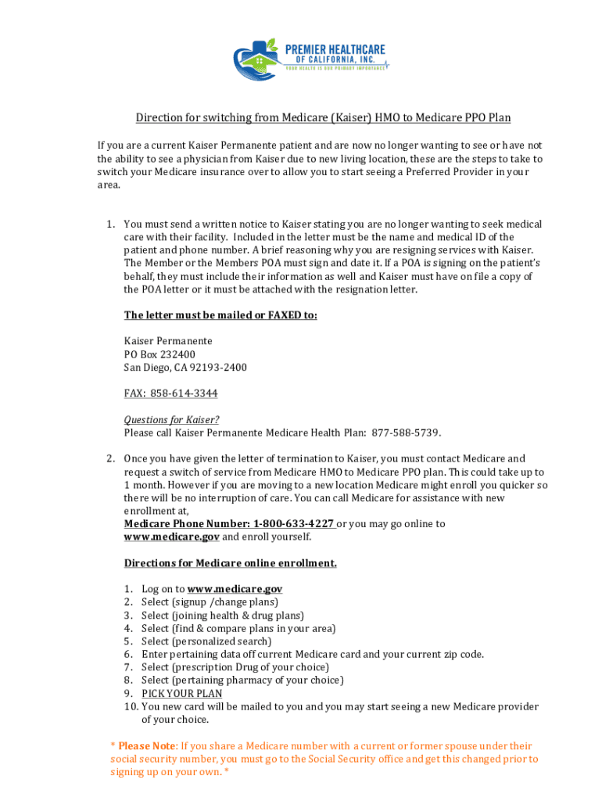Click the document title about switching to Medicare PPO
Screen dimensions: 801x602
[323, 118]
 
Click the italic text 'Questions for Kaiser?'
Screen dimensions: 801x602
[171, 419]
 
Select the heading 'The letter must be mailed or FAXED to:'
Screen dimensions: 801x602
[220, 315]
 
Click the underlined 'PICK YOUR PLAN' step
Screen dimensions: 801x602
[181, 693]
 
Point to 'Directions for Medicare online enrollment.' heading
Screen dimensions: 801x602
[231, 562]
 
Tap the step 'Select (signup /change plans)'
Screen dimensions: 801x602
[210, 602]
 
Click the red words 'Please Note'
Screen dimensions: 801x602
[147, 745]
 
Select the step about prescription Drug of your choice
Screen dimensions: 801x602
[235, 667]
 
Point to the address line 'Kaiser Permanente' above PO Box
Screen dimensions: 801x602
[168, 341]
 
